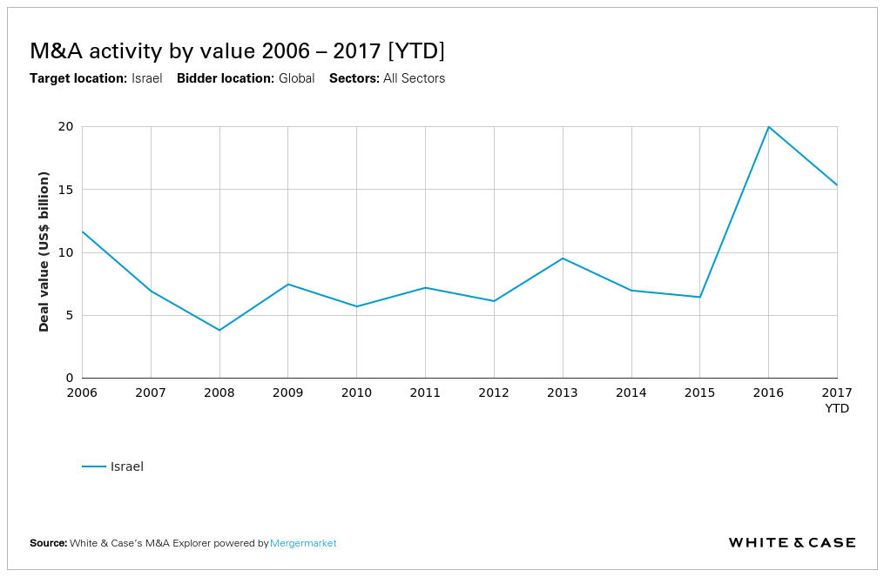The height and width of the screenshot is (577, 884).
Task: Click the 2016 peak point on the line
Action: (x=768, y=127)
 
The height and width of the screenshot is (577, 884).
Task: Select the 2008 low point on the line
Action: (x=219, y=330)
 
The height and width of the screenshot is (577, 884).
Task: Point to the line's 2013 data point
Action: (x=563, y=258)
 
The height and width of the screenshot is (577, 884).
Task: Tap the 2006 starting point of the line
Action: (x=83, y=231)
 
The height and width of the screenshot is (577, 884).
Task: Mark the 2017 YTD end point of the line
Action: (x=836, y=185)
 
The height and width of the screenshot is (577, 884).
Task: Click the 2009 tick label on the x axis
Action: (x=288, y=392)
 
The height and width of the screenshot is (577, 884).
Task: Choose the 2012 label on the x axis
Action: (x=494, y=392)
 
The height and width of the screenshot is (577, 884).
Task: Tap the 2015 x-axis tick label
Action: (x=699, y=392)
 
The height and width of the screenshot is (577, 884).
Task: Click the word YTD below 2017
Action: (x=836, y=408)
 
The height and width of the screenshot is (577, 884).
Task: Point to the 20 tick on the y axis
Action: (x=65, y=126)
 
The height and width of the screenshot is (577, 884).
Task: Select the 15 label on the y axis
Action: (x=65, y=190)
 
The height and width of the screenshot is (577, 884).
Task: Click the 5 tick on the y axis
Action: (x=70, y=315)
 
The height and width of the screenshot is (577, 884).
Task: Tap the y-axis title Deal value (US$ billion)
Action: (x=44, y=252)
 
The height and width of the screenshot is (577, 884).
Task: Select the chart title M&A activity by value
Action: (x=237, y=51)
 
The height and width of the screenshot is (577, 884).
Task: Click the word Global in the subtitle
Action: (x=296, y=78)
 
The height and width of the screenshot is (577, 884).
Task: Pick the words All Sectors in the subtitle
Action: (x=414, y=78)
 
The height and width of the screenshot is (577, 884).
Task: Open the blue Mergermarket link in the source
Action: (x=303, y=543)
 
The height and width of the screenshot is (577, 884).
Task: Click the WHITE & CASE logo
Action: (x=792, y=543)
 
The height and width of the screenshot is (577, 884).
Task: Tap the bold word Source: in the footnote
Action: (x=48, y=543)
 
